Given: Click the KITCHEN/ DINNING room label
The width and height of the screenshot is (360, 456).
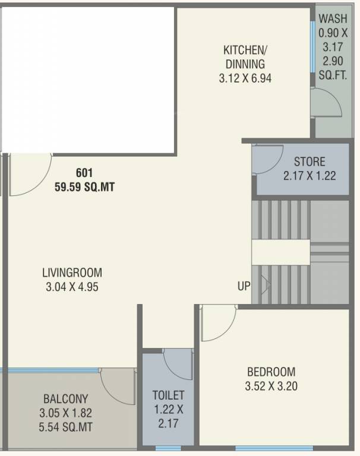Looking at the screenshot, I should [244, 56].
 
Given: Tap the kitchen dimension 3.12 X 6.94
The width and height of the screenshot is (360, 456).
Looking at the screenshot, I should [244, 77].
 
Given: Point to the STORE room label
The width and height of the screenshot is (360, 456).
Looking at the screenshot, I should [310, 161].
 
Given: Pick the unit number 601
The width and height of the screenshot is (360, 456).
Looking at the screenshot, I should [84, 173].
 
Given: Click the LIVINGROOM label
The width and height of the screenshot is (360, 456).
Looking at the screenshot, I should [72, 273].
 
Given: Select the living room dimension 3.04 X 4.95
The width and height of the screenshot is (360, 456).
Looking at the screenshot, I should [72, 287].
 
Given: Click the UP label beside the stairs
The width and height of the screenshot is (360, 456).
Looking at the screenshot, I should [244, 286].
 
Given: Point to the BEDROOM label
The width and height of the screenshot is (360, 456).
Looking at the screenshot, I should [271, 372].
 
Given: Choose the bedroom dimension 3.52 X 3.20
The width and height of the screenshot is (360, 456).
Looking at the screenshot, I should [271, 386].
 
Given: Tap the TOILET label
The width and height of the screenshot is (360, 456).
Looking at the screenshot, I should [168, 395].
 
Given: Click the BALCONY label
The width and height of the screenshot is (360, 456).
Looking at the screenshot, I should [65, 398].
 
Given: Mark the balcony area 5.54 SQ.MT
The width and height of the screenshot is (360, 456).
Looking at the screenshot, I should [65, 426].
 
